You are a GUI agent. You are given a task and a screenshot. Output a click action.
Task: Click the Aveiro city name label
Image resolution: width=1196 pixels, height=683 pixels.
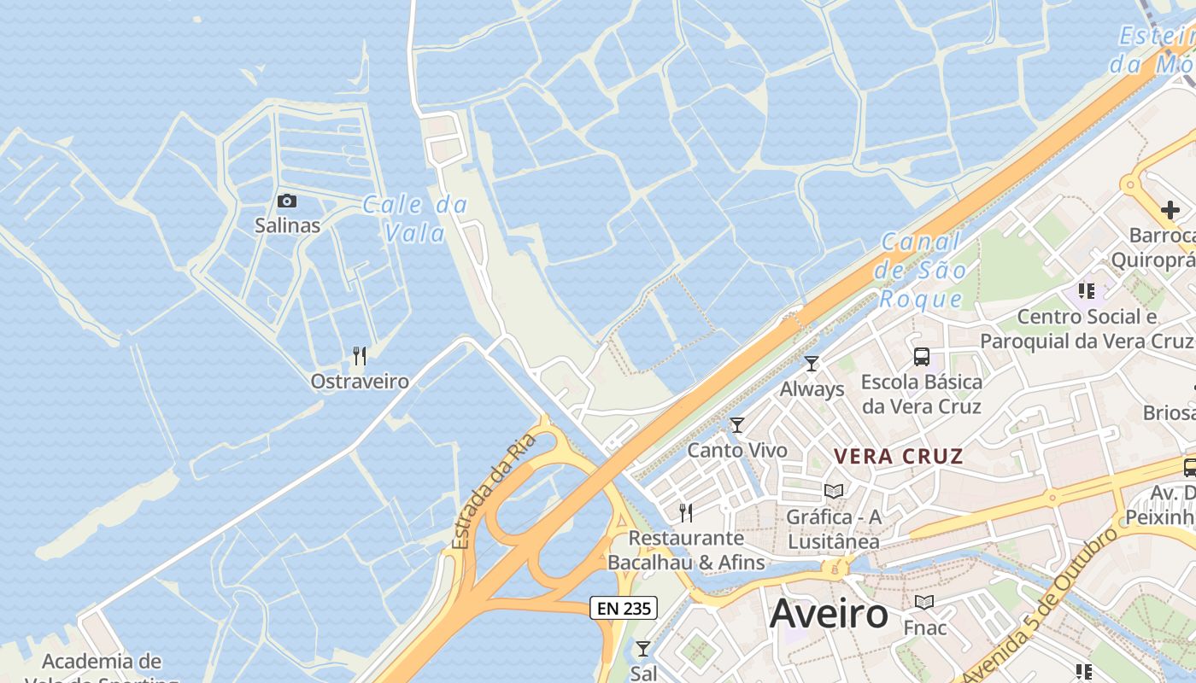[829, 615]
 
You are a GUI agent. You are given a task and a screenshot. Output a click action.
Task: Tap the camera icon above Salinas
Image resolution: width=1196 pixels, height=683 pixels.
[287, 201]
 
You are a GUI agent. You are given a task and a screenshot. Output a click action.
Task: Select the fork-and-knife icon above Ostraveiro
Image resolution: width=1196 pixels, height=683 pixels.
[360, 356]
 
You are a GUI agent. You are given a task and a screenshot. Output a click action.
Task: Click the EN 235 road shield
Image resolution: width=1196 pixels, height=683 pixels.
[624, 608]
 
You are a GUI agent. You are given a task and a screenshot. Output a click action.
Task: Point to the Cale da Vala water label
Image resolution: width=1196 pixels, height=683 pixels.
[415, 219]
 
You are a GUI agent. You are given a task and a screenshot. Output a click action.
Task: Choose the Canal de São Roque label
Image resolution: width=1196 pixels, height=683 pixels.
[921, 271]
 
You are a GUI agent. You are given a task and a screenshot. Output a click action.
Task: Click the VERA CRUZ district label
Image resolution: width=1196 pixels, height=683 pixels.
[899, 456]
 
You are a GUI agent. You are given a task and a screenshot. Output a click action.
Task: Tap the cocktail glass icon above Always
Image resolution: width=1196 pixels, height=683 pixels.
[812, 364]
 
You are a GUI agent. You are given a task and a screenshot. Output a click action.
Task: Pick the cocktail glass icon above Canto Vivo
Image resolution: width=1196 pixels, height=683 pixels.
[737, 425]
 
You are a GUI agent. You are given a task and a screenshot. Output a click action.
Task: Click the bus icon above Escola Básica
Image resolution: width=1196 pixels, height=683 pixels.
[921, 357]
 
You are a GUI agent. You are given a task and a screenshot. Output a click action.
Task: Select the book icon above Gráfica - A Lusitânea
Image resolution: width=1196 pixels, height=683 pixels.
[833, 491]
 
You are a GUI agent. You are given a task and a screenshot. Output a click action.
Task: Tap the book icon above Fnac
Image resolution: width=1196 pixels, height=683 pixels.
[924, 603]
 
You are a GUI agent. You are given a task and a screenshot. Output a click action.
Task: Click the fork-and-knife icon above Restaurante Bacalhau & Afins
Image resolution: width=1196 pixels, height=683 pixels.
[686, 512]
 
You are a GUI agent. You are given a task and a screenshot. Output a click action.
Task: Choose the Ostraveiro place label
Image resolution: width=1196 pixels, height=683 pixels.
[360, 382]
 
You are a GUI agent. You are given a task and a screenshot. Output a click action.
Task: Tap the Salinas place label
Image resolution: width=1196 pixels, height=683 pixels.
[287, 225]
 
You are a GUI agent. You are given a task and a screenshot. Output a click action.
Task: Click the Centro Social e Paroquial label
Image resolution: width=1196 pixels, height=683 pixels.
[1086, 329]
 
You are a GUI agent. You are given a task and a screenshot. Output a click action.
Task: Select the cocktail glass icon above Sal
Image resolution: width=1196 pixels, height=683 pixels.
[643, 649]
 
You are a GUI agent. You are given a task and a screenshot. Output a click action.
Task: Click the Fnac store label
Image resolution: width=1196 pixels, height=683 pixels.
[925, 628]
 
